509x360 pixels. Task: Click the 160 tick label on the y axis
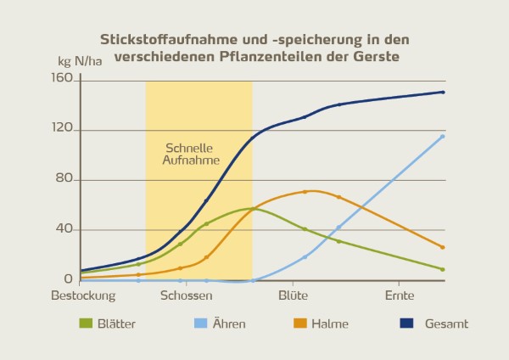pos(63,82)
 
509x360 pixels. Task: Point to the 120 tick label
pos(63,131)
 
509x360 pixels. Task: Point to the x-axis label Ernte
pos(399,296)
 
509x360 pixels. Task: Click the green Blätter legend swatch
pos(85,323)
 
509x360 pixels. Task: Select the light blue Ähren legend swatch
pos(200,323)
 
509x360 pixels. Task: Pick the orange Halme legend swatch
pos(299,323)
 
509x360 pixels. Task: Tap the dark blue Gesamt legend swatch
pos(406,323)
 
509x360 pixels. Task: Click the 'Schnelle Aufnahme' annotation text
pos(193,154)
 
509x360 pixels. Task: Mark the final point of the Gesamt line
pos(443,93)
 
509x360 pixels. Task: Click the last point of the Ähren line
pos(443,137)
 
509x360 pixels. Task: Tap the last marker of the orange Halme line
pos(443,247)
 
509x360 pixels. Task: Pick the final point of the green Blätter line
pos(443,269)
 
